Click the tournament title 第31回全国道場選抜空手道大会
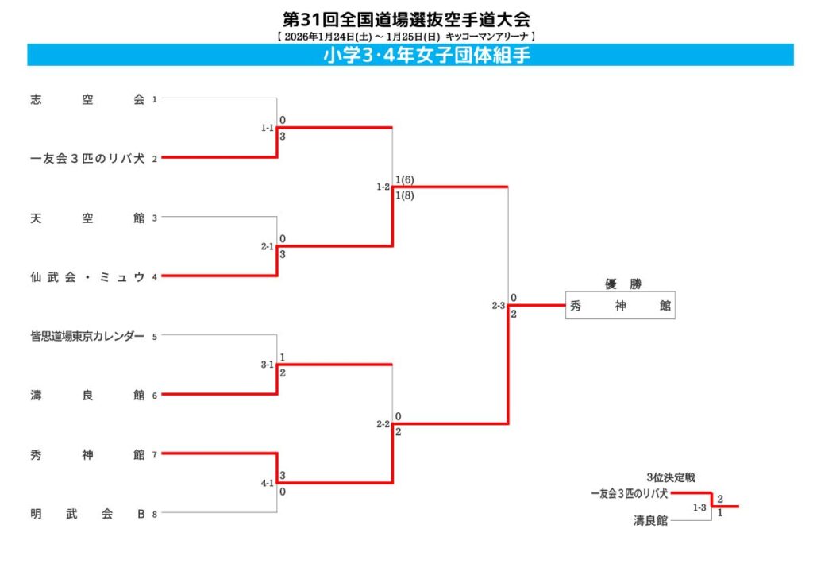click(x=406, y=18)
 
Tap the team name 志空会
click(x=87, y=99)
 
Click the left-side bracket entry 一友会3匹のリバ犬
click(x=87, y=158)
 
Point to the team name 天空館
click(x=87, y=218)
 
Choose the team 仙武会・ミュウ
click(x=87, y=276)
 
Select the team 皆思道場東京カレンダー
click(x=87, y=336)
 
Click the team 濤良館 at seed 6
click(x=87, y=395)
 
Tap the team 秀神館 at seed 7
click(x=87, y=454)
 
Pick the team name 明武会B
click(x=87, y=513)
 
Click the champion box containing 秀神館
click(x=620, y=306)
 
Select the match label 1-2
click(x=383, y=187)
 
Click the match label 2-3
click(x=498, y=306)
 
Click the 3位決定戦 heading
click(x=671, y=477)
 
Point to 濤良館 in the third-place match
click(x=650, y=521)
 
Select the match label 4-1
click(x=267, y=483)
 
